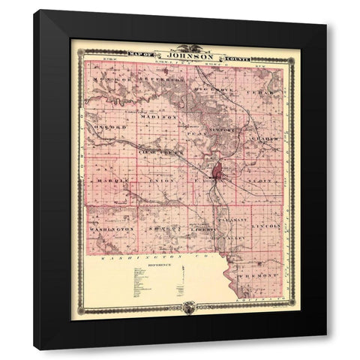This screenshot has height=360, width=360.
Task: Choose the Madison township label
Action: (160, 117)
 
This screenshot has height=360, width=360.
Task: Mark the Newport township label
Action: (226, 129)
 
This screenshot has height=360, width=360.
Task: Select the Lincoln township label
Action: (267, 225)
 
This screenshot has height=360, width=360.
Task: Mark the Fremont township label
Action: (266, 274)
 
